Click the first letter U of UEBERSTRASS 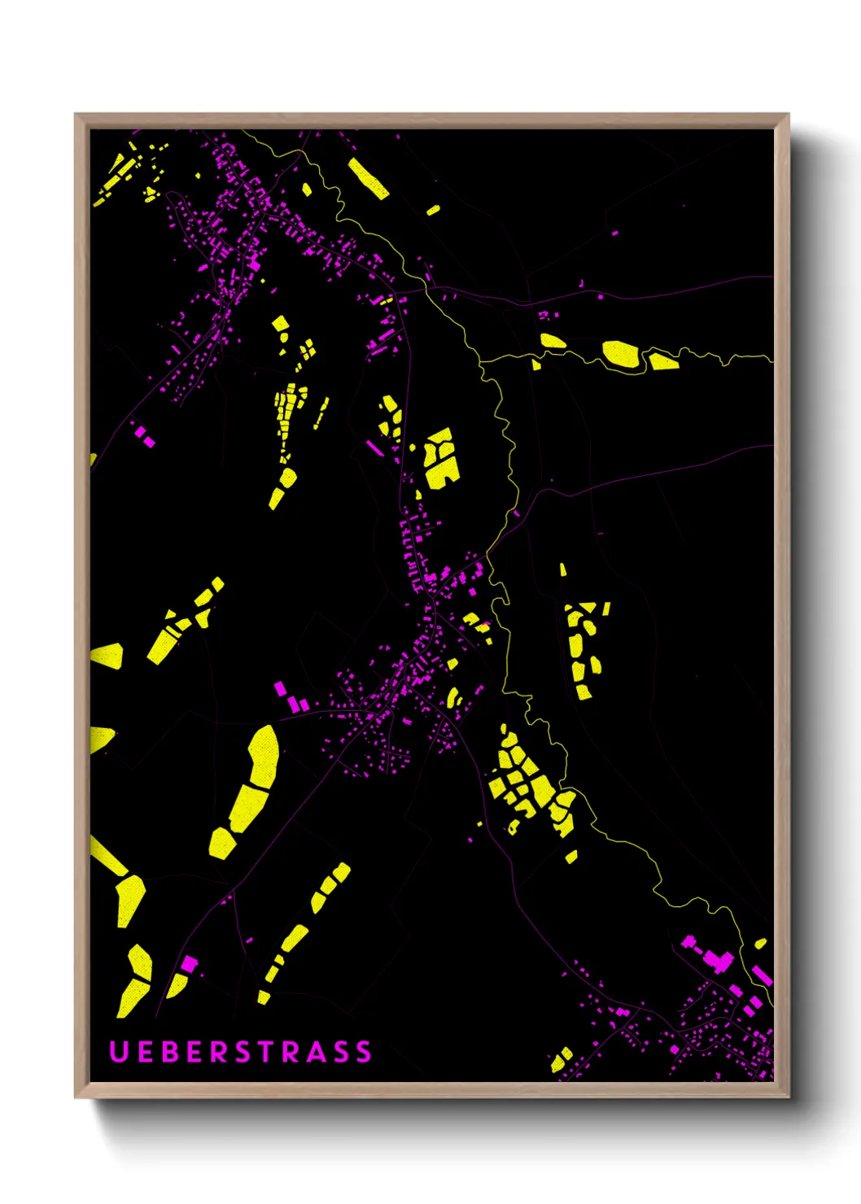pos(119,1051)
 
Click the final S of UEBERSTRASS pos(363,1051)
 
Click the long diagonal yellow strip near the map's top pos(368,179)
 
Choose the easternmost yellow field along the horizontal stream pos(662,360)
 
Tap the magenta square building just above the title pos(189,965)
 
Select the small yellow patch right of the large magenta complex pos(760,944)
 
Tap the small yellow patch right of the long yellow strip pos(433,210)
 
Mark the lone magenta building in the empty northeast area pos(614,233)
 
